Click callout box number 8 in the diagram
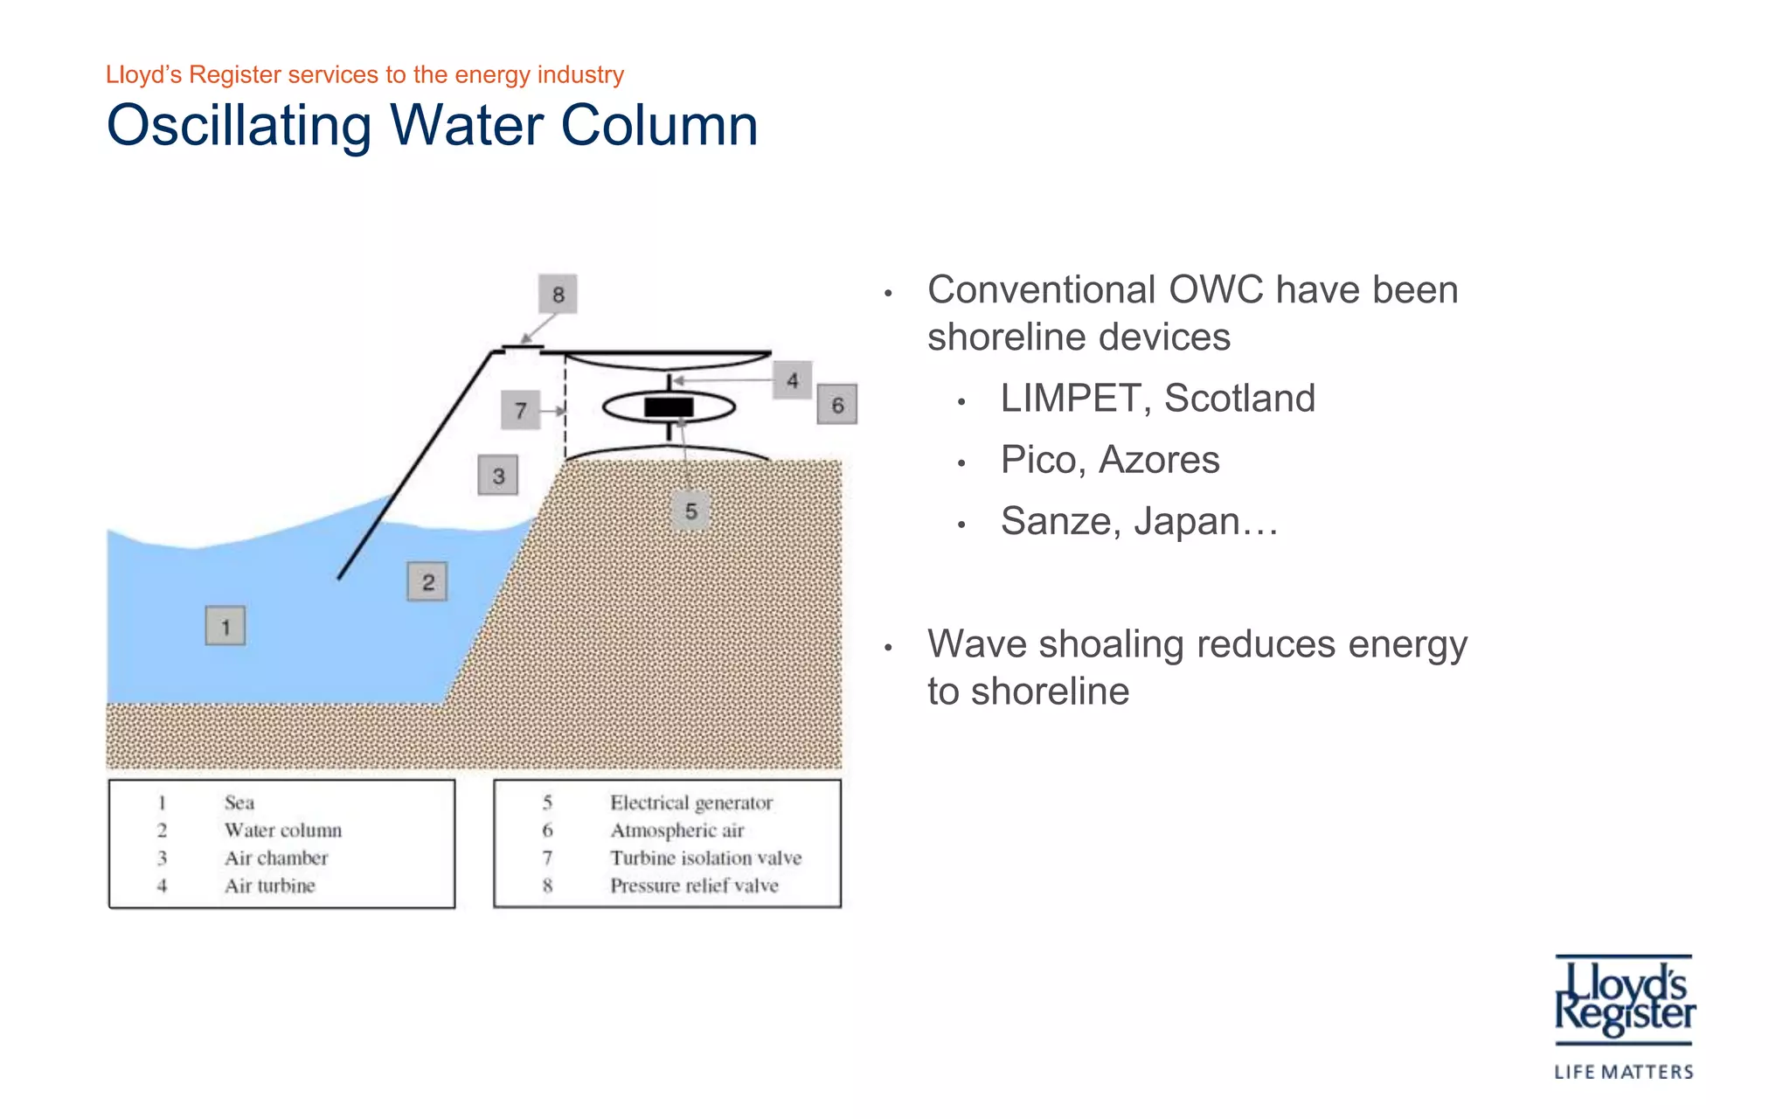pos(558,295)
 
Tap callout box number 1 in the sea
pos(225,626)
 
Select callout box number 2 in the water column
pos(427,581)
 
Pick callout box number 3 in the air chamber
pos(498,476)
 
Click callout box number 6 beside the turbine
pos(837,405)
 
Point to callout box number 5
pos(690,511)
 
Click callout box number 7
pos(520,410)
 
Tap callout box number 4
pos(792,380)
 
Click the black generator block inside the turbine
pos(669,407)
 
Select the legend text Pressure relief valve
pos(694,886)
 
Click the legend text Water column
pos(282,830)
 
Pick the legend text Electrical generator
pos(691,803)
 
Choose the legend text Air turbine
pos(269,886)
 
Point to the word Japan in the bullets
pos(1186,521)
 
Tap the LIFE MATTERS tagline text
pos(1624,1072)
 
